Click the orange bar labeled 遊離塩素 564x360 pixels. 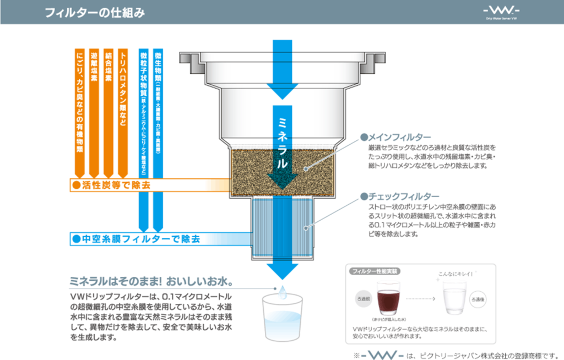pyautogui.click(x=94, y=110)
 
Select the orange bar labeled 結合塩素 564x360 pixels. pyautogui.click(x=109, y=110)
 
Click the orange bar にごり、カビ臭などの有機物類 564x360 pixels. pyautogui.click(x=79, y=110)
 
